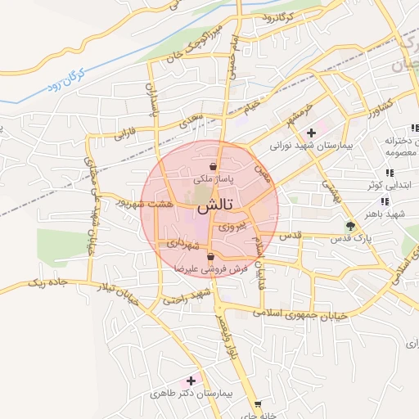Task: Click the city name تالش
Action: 213,205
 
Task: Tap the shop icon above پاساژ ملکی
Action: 213,166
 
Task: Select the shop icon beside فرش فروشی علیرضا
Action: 211,257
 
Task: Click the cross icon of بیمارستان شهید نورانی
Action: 311,133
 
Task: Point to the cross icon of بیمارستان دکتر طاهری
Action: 191,381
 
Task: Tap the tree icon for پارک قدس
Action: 352,226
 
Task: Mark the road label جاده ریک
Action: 47,283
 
